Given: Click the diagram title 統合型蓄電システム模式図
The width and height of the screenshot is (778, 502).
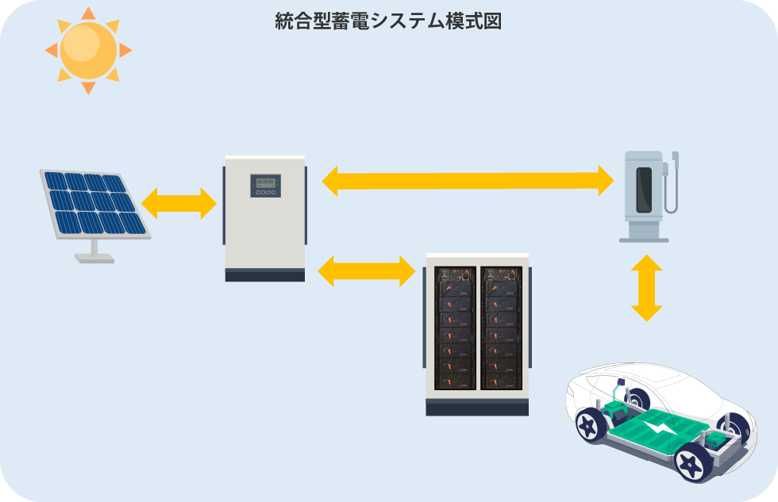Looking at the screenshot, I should (388, 21).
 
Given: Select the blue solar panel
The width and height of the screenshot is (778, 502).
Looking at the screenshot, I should (94, 202).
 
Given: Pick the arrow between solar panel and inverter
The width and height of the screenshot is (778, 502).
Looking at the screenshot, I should (179, 204).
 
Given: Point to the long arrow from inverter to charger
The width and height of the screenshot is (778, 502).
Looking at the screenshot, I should (468, 180).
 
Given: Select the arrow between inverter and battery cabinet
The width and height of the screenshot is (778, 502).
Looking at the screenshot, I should (367, 271).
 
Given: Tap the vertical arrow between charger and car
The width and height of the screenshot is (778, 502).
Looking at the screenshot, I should (647, 288).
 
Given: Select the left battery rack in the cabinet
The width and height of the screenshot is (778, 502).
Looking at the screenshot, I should (455, 327).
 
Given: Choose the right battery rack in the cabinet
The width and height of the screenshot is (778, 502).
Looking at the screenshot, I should (501, 327).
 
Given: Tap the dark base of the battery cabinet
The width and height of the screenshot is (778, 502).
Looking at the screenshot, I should (477, 407).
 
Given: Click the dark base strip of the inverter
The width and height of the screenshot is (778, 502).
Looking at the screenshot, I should (264, 275).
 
